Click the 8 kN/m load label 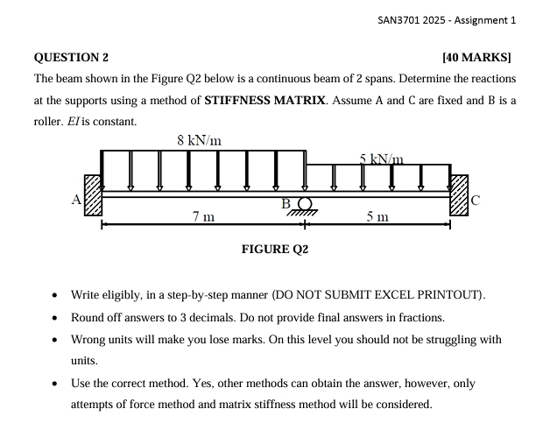[x=199, y=140]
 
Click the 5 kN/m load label [x=380, y=159]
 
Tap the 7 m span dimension [x=203, y=216]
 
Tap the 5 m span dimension [x=377, y=216]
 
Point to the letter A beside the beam [x=77, y=200]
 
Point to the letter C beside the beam [x=476, y=200]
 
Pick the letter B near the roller [x=286, y=204]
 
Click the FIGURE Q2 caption [x=275, y=250]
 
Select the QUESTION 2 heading [x=71, y=58]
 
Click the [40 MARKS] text [x=476, y=58]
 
